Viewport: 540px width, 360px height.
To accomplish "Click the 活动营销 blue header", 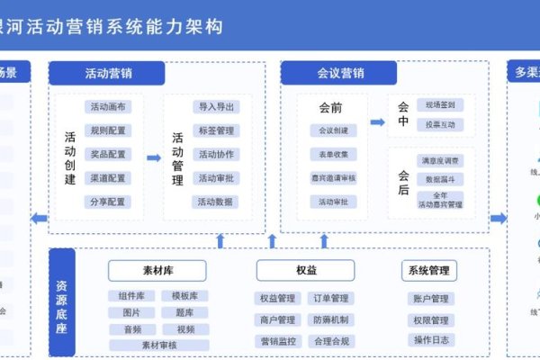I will (107, 73).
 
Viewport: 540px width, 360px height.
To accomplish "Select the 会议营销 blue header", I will (340, 73).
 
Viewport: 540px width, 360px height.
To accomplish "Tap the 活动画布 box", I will (108, 107).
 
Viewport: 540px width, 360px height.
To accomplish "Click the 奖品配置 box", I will (108, 154).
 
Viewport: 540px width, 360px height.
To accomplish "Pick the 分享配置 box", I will (108, 201).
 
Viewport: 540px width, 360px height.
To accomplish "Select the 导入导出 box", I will (216, 107).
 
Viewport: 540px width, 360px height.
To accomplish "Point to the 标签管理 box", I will (216, 130).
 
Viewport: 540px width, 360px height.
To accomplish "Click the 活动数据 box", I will (216, 201).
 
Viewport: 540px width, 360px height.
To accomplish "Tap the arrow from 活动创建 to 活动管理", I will (153, 157).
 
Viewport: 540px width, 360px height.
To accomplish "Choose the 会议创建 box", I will (333, 130).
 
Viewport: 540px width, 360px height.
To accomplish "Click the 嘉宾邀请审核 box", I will (333, 177).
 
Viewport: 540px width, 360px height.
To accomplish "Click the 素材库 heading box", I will (157, 270).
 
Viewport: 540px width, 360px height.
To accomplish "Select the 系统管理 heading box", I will (428, 270).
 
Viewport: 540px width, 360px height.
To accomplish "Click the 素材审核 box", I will (157, 345).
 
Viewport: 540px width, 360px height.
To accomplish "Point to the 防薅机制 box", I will (332, 319).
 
